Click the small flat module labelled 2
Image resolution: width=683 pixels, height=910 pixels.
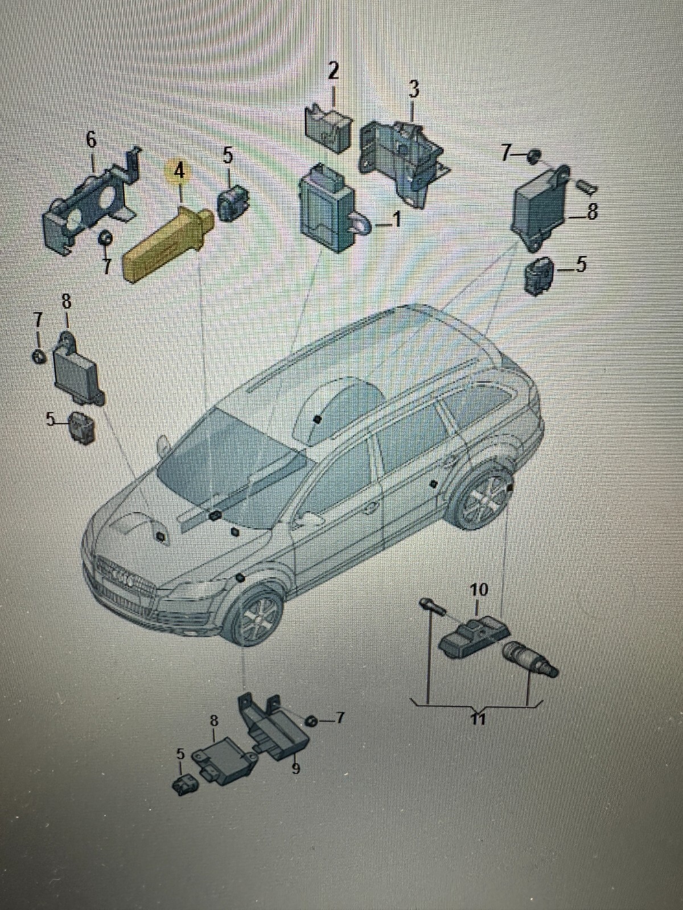coord(328,129)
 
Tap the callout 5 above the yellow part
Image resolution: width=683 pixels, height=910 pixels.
coord(228,156)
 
